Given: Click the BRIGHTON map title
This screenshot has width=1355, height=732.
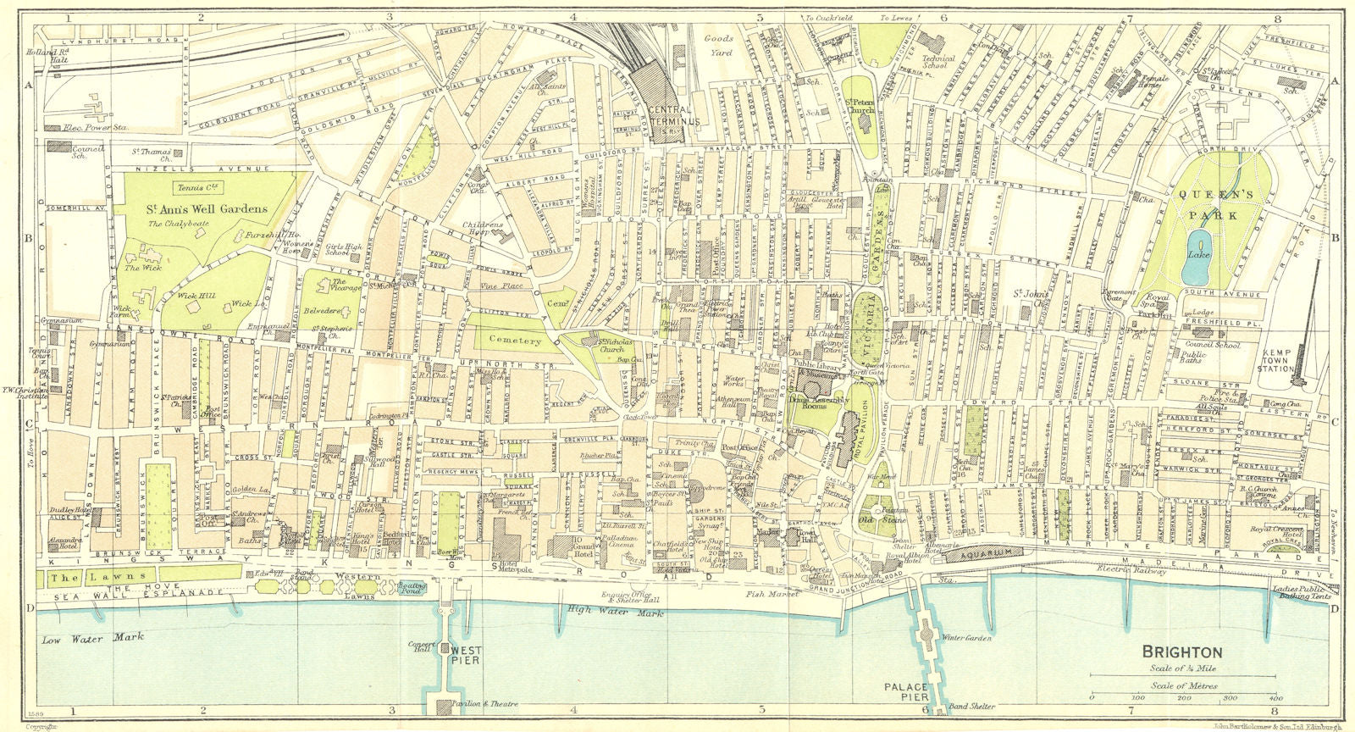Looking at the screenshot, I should pyautogui.click(x=1182, y=652).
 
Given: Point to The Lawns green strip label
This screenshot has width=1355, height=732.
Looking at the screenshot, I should pyautogui.click(x=69, y=578).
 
